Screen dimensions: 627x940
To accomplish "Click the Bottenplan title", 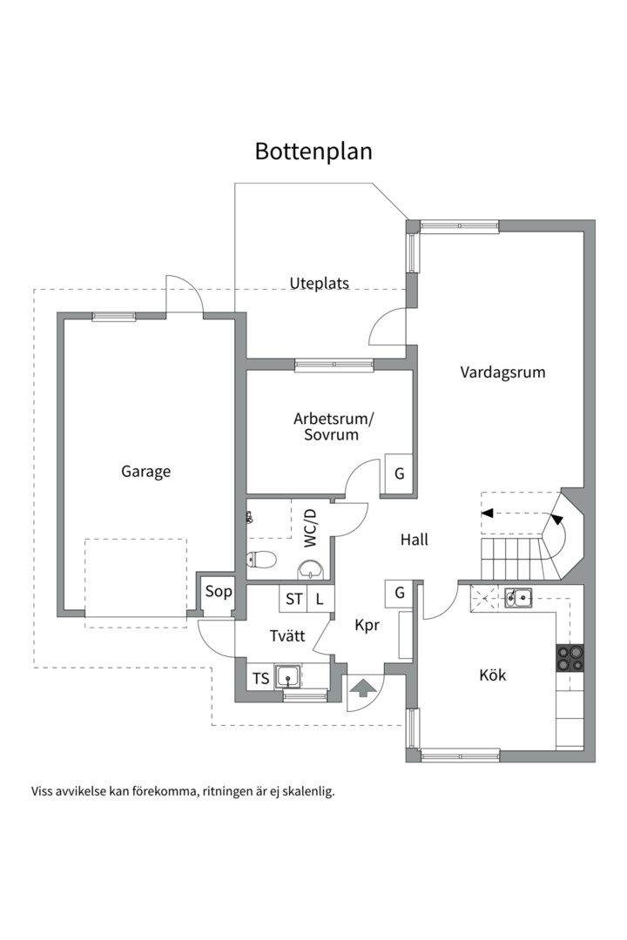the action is tap(313, 151).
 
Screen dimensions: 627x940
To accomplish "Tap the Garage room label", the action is tap(145, 472).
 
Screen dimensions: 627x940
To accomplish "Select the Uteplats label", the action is tap(320, 283).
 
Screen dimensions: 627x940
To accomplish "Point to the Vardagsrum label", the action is tap(502, 373).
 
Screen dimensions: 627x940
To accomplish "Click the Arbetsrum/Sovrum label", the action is tap(333, 426).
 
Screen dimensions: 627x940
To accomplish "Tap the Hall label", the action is tap(414, 540).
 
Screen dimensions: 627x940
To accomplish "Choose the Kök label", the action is tap(493, 675).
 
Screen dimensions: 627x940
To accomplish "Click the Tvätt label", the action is tap(287, 635).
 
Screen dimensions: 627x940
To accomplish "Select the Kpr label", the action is tap(367, 625).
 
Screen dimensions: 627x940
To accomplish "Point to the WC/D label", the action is tap(310, 528).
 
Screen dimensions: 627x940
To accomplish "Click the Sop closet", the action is tap(218, 592).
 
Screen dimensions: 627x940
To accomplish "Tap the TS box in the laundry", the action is tap(260, 678).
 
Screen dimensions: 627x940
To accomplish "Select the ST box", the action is tap(293, 598).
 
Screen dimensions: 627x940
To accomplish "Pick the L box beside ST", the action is tap(320, 598).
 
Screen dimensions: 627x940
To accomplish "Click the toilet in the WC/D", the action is tap(261, 560).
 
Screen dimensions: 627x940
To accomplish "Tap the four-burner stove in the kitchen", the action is tap(570, 657).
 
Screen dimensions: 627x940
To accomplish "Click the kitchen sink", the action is tap(518, 598).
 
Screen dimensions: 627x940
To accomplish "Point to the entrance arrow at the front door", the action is tap(360, 688).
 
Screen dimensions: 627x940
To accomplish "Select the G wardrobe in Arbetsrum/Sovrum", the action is tap(399, 473).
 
